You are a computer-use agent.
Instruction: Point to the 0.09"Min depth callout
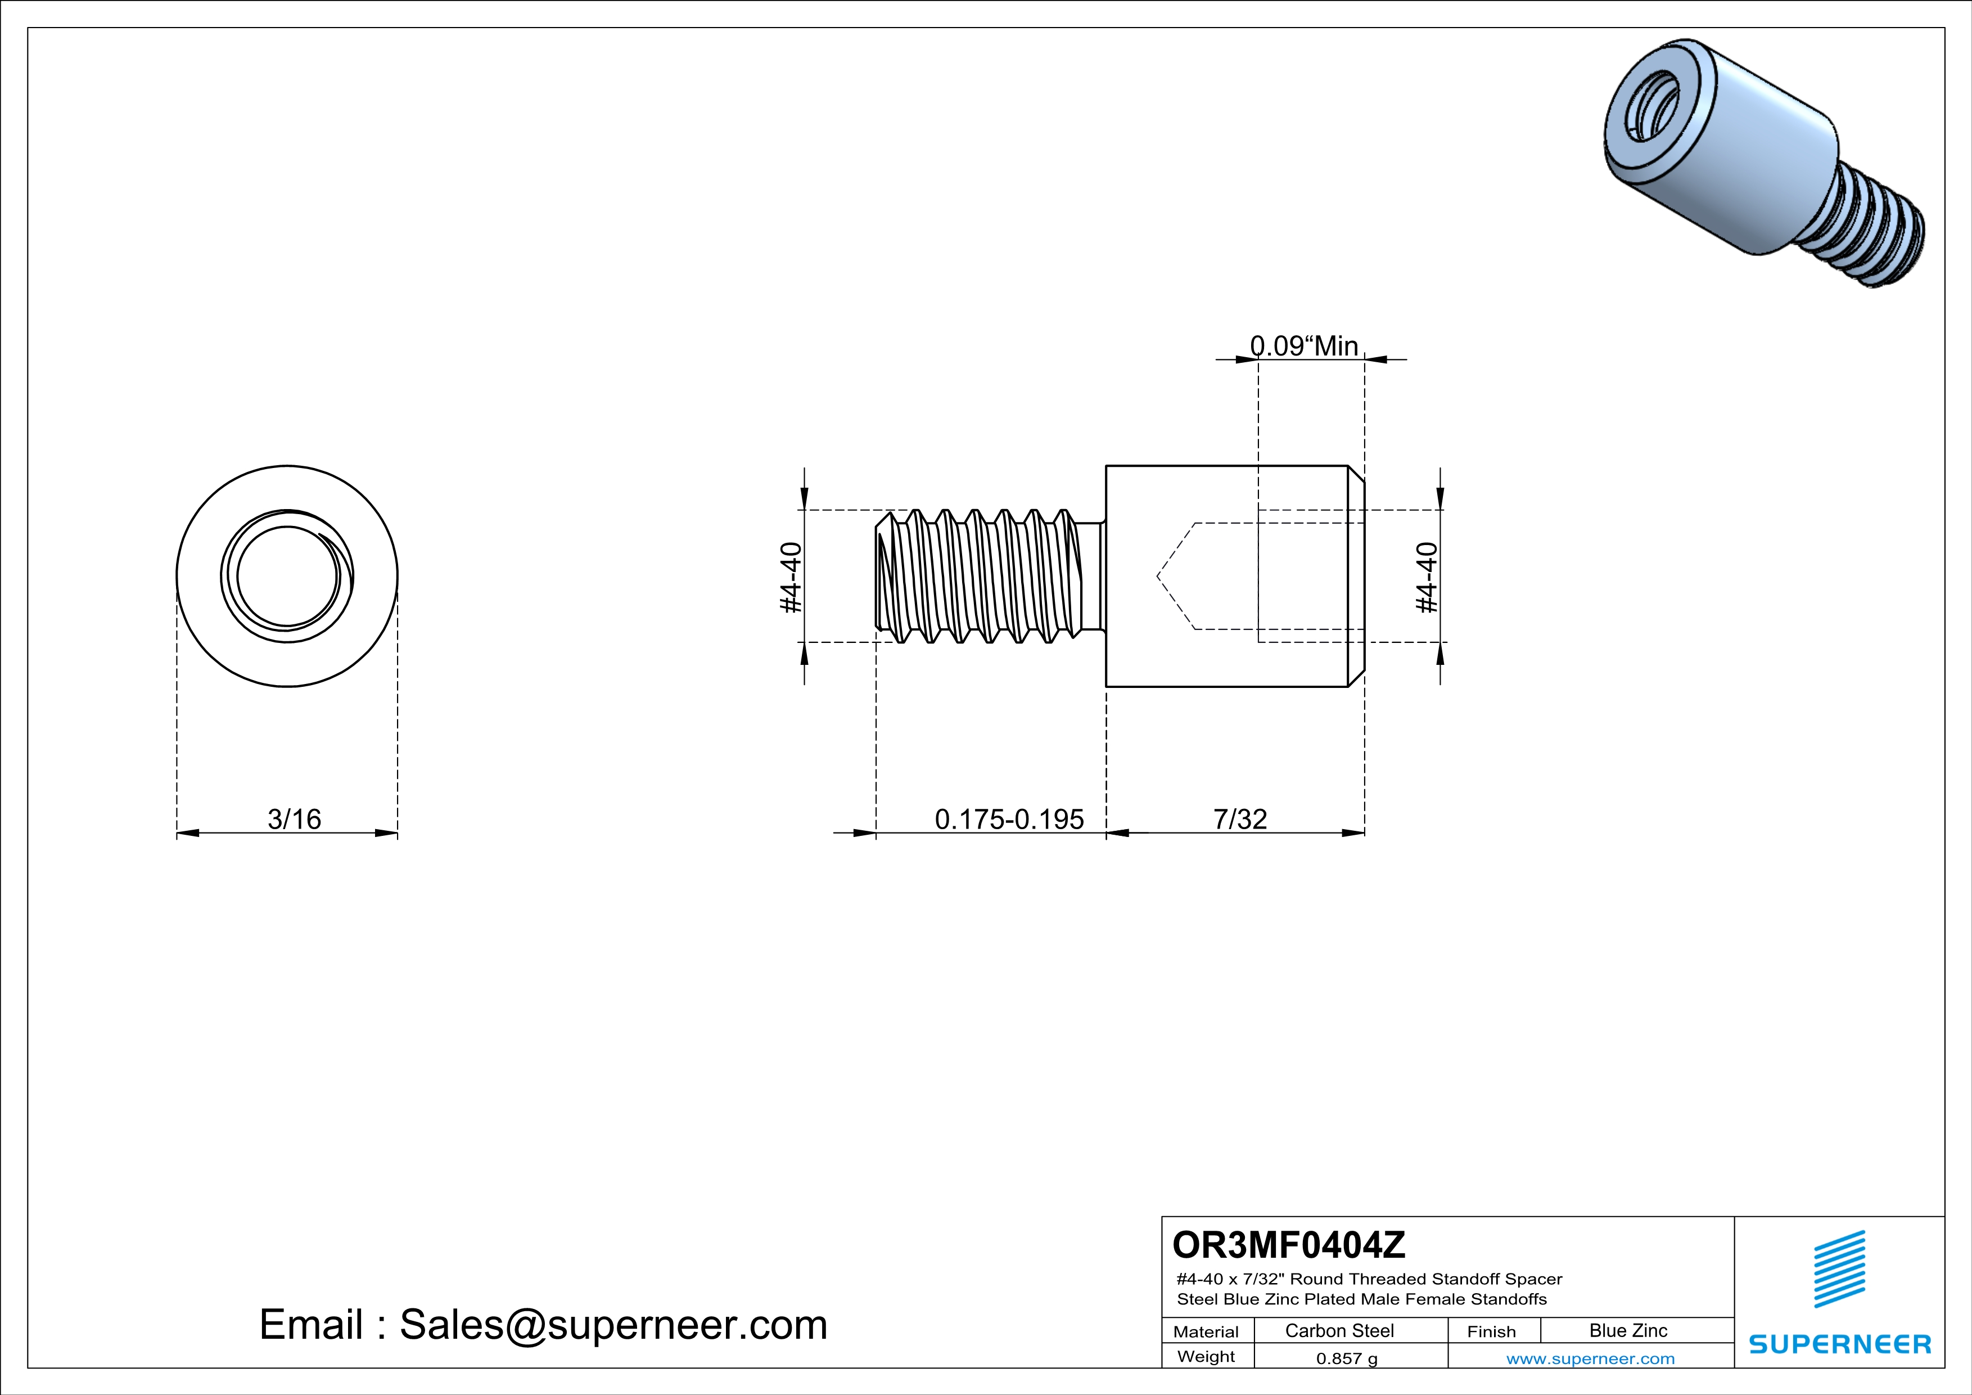pyautogui.click(x=1304, y=345)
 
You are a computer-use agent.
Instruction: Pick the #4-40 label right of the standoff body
pyautogui.click(x=1426, y=577)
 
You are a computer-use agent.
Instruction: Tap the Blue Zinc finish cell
pyautogui.click(x=1628, y=1330)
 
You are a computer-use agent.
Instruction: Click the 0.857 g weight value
pyautogui.click(x=1347, y=1358)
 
